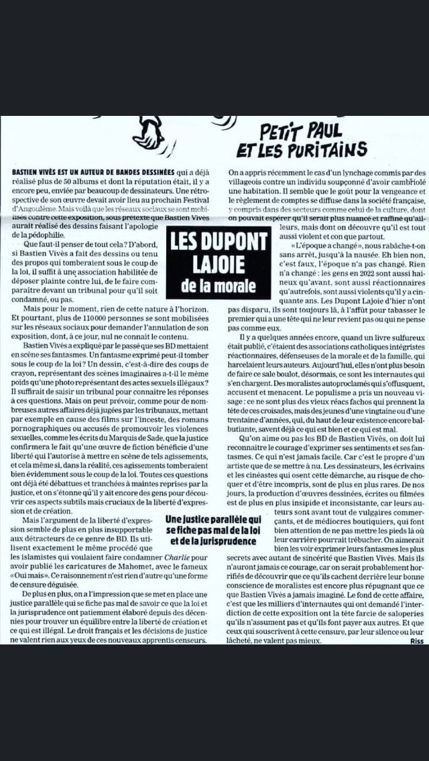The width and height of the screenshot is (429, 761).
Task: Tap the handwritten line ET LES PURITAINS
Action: (302, 149)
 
